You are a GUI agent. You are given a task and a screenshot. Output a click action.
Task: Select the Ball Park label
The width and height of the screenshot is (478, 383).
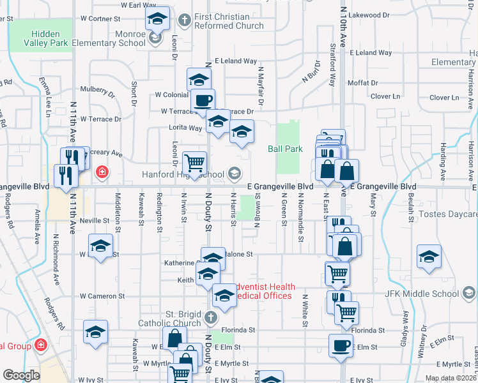pos(284,149)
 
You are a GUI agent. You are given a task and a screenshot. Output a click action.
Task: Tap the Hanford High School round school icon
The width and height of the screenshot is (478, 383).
pos(235,174)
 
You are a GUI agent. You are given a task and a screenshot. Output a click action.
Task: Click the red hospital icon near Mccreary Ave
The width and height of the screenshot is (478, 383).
pos(101,172)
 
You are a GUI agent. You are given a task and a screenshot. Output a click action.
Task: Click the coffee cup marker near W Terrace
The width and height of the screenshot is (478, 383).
pos(203,100)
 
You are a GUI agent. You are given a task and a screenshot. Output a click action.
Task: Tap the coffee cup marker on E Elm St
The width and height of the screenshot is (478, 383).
pos(341,345)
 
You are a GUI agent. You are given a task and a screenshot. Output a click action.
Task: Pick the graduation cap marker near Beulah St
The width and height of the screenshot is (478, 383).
pos(428,256)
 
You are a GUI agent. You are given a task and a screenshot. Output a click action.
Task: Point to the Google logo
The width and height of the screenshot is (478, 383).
pos(21,375)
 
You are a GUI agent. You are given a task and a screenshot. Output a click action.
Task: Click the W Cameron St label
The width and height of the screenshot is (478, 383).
pos(102,296)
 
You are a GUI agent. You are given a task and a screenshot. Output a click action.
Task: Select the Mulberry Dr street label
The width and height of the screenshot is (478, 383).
pos(97,90)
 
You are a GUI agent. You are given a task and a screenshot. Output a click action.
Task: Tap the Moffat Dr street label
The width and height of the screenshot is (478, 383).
pos(363,83)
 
